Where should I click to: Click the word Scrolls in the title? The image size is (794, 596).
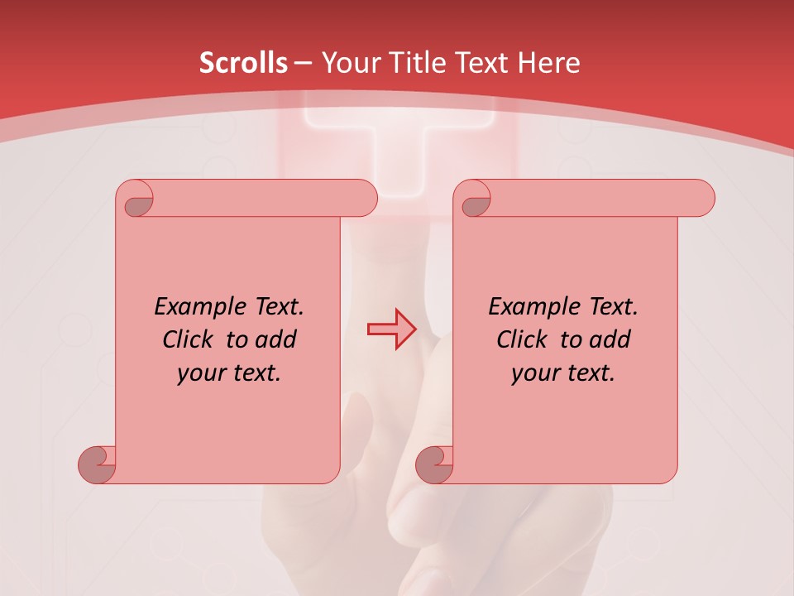pyautogui.click(x=243, y=63)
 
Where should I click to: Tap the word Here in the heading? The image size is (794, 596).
pyautogui.click(x=547, y=63)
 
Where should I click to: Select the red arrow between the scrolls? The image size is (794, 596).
pyautogui.click(x=392, y=329)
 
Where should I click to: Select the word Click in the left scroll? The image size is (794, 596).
pyautogui.click(x=188, y=339)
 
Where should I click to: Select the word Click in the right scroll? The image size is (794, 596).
pyautogui.click(x=522, y=339)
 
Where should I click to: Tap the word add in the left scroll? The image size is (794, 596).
pyautogui.click(x=277, y=339)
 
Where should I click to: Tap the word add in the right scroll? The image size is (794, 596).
pyautogui.click(x=611, y=339)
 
